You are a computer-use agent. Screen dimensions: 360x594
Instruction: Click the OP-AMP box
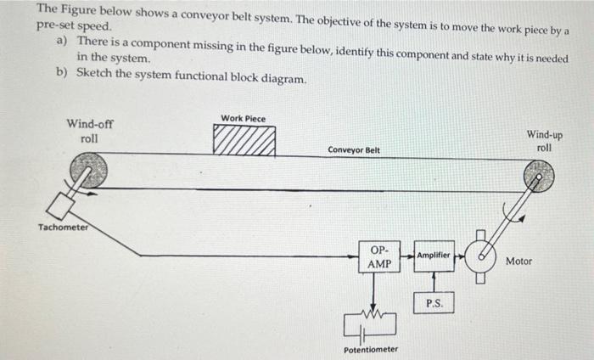380,257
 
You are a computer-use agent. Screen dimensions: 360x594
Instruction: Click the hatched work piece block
244,141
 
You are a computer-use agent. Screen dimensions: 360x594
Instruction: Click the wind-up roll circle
538,176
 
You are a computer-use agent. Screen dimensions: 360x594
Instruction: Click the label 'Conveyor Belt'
354,150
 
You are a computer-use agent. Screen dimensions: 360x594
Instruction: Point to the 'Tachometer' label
63,228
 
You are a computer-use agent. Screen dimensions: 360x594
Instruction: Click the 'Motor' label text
518,262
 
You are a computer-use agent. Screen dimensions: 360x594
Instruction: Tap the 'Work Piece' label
243,118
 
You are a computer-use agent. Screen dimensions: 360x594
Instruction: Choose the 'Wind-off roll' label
89,131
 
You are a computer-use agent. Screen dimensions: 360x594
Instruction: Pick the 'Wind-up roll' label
544,140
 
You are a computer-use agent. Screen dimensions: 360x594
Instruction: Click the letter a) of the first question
62,42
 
